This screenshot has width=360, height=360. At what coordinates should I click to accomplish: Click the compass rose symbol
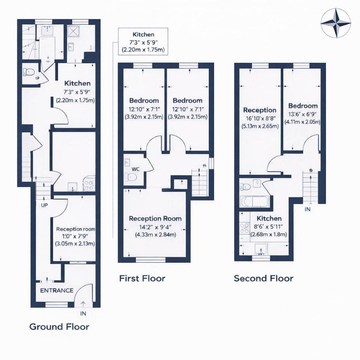pos(336,23)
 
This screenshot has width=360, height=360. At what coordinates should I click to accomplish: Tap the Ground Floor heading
pos(59,327)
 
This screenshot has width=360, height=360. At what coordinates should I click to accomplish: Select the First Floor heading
pos(142,279)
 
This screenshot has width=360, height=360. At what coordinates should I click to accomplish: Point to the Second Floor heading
pos(264,279)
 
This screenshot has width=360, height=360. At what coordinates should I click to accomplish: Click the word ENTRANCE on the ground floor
pos(57,290)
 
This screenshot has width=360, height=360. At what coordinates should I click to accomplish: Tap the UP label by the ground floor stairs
pos(44,205)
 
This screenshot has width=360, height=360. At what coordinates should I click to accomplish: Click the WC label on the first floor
pos(136,169)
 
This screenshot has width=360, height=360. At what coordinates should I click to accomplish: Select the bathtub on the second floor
pos(254,202)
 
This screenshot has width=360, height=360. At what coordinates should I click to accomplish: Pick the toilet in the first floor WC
pos(131,177)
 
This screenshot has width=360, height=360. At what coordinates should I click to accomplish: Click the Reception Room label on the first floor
pos(155,219)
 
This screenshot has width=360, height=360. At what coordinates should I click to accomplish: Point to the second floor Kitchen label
pos(269,218)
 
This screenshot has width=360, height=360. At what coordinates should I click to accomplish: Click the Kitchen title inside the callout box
pos(143,34)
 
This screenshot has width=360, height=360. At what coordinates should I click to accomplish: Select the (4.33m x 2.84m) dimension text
pos(155,235)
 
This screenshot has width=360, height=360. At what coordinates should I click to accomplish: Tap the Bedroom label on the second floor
pos(303,106)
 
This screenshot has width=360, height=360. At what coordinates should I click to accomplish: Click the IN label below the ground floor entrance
pos(83,313)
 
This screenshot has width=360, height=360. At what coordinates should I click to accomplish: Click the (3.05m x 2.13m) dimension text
pos(75,244)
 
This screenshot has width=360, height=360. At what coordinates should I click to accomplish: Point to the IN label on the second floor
pos(307,209)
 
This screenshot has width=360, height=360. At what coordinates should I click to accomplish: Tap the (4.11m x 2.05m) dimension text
pos(302,122)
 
